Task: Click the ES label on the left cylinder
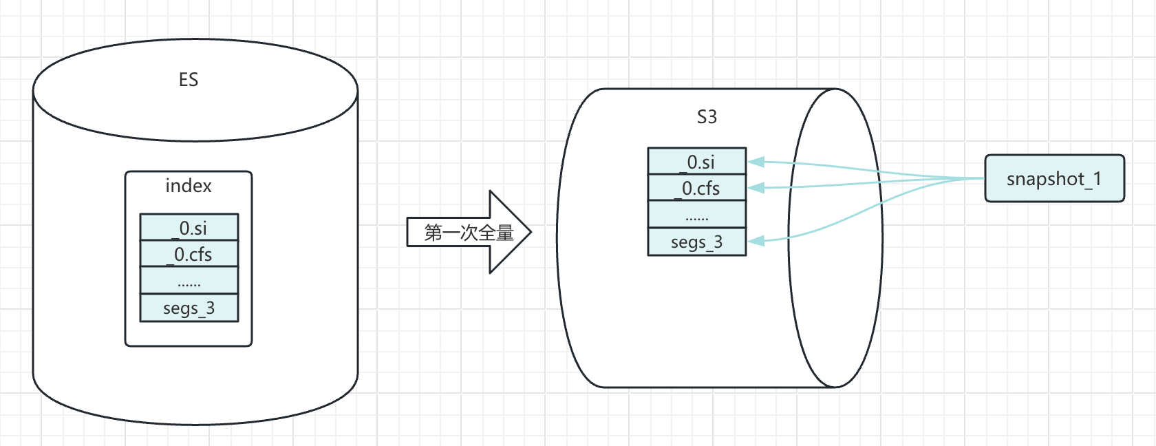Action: pyautogui.click(x=189, y=80)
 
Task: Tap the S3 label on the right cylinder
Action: pyautogui.click(x=707, y=117)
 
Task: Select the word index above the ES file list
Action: pyautogui.click(x=189, y=186)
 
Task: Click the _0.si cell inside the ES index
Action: pyautogui.click(x=189, y=228)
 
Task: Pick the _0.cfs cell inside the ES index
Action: pyautogui.click(x=189, y=255)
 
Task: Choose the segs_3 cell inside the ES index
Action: pyautogui.click(x=189, y=308)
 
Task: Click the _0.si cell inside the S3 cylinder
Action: pyautogui.click(x=697, y=162)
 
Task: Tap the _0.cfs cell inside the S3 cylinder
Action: pyautogui.click(x=697, y=188)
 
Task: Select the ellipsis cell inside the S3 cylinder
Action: pyautogui.click(x=697, y=215)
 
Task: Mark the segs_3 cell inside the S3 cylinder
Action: pyautogui.click(x=697, y=242)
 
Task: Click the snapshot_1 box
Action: pyautogui.click(x=1054, y=179)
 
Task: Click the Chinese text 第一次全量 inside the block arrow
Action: pyautogui.click(x=469, y=233)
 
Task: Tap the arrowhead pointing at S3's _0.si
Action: pyautogui.click(x=756, y=162)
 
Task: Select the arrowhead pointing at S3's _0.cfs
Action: pyautogui.click(x=756, y=187)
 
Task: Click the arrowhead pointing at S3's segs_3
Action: pyautogui.click(x=756, y=241)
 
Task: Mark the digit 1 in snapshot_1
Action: pyautogui.click(x=1097, y=178)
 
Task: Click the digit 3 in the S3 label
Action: pyautogui.click(x=712, y=117)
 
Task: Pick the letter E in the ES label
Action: pyautogui.click(x=183, y=80)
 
